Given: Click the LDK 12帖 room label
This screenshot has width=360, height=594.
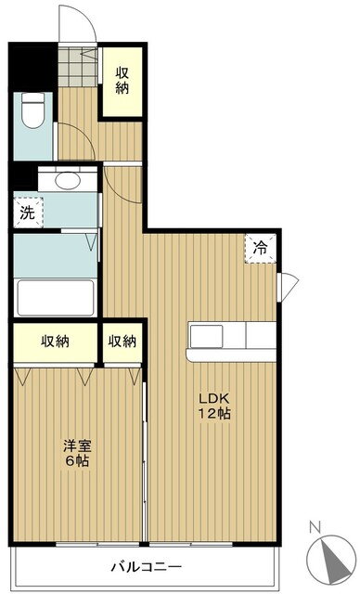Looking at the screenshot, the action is coord(214,406).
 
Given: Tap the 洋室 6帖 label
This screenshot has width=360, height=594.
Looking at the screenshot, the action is coord(77,453).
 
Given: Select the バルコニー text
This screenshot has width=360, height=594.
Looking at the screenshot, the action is coord(146,567).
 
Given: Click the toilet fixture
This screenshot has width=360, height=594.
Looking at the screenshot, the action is coord(32,110).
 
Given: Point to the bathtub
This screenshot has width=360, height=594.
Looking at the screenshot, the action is coord(56,297).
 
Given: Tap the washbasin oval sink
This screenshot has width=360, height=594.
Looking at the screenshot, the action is coord(68,180).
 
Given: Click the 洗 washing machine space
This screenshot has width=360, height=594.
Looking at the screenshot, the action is coord(28,213).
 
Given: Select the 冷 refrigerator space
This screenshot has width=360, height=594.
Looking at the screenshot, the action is coord(260,248).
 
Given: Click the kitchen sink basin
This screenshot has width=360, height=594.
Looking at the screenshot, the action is coord(206,336).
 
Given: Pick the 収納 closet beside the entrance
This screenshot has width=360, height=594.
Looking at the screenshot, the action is coord(122,81).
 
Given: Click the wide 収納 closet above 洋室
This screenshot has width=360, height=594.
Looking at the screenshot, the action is coord(56,342).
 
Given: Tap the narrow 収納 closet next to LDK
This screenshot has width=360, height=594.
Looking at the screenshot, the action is coord(122,342).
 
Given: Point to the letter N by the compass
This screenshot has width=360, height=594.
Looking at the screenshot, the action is coord(315,527).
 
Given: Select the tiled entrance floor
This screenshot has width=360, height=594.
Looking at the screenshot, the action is coord(78,66).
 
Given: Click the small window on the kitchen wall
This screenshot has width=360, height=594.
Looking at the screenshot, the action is coord(288,287).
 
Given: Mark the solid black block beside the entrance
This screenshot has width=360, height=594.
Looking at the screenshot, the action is coord(32,67).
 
